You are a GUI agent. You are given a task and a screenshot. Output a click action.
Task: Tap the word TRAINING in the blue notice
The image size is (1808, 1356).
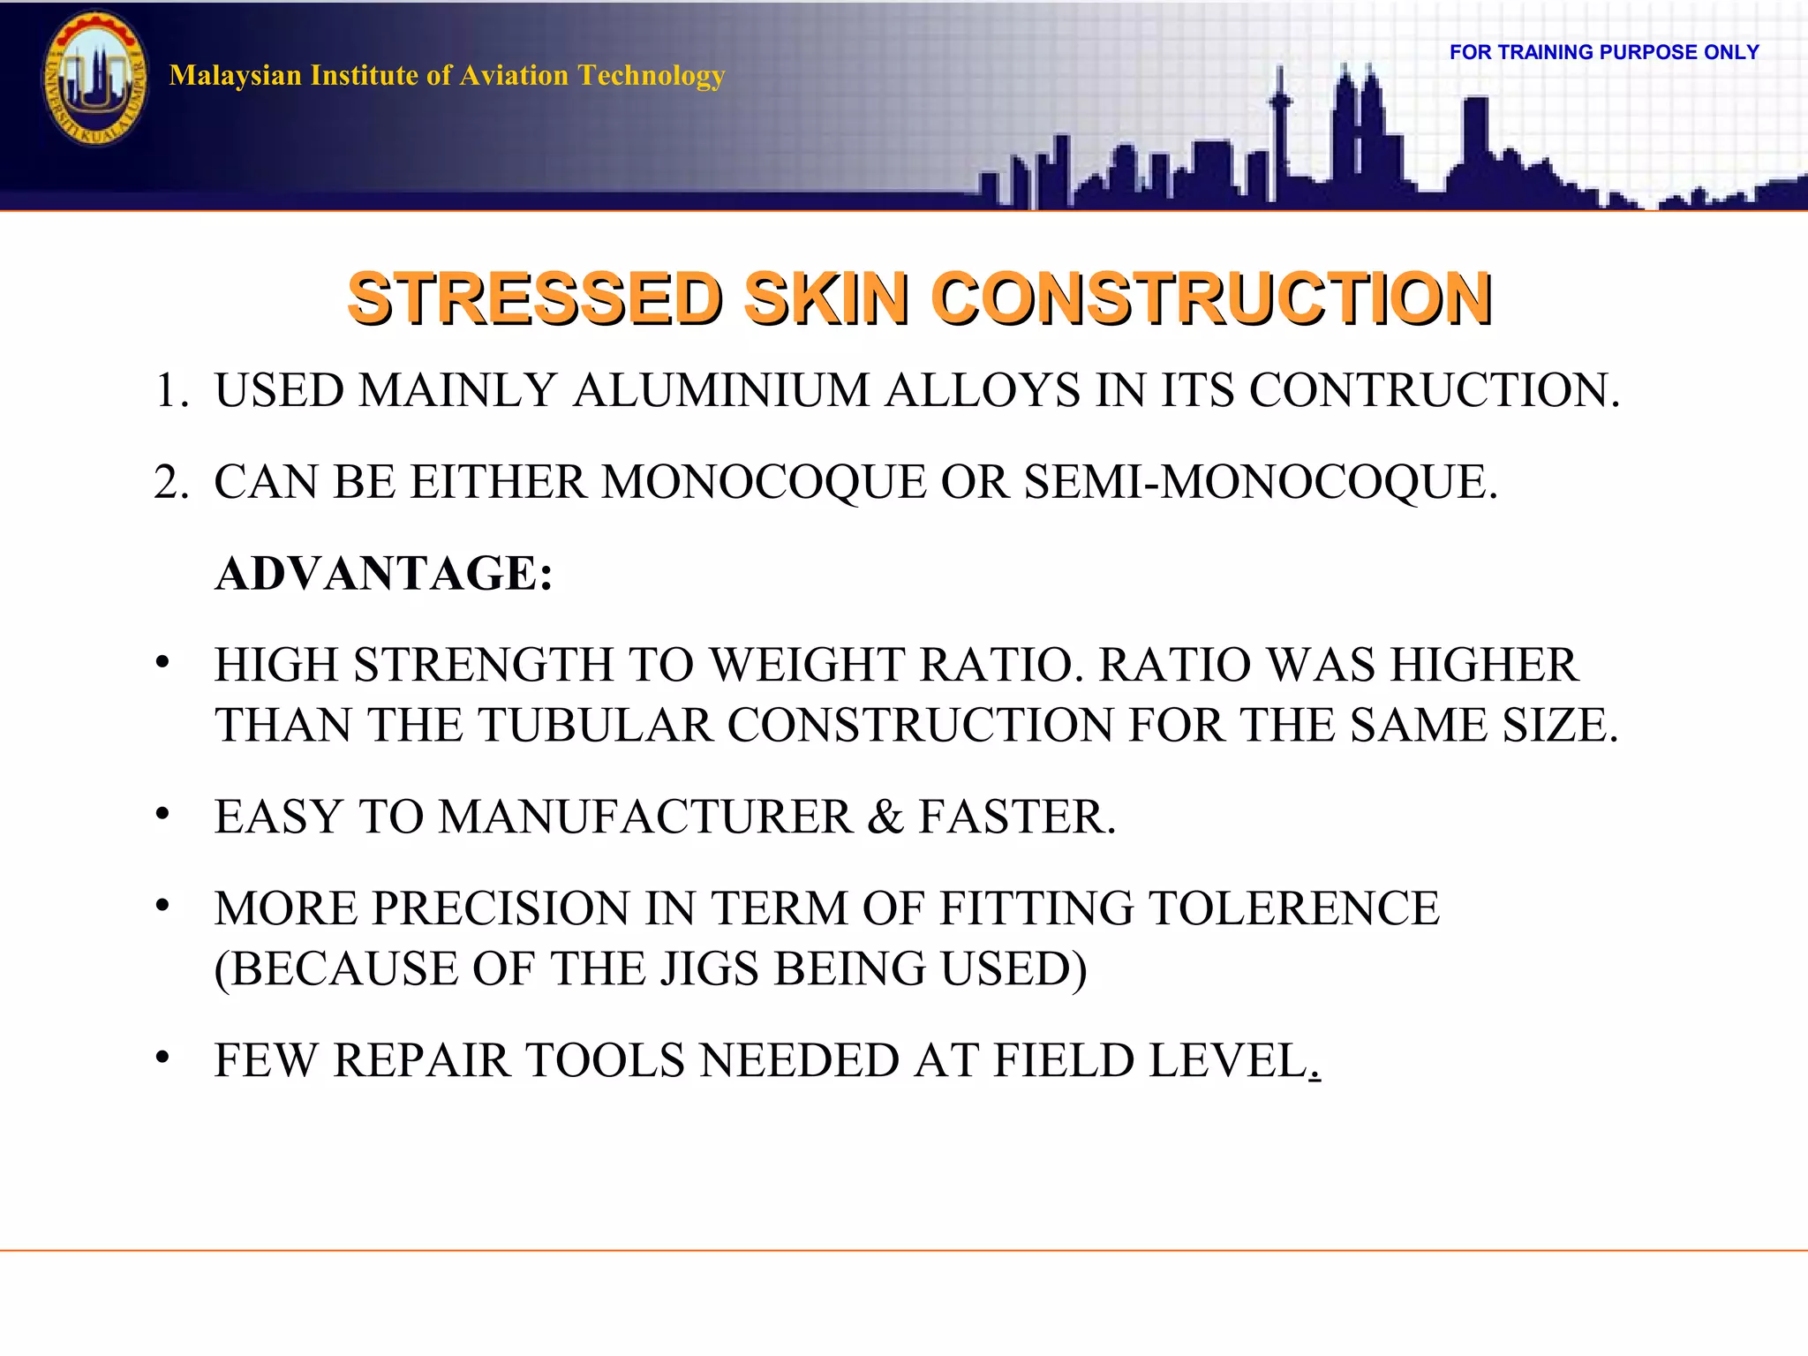(1545, 52)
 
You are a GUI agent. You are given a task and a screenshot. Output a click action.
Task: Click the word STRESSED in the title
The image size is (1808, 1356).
(535, 298)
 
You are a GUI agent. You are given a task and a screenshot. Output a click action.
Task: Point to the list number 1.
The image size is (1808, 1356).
(168, 390)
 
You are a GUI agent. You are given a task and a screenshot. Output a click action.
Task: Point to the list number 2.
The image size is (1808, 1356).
(168, 482)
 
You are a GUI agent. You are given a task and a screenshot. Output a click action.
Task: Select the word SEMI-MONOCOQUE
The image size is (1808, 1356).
(1260, 482)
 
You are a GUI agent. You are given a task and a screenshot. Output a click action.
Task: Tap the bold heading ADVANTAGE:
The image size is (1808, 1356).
(384, 574)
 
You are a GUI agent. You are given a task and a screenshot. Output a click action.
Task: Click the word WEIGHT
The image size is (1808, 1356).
(807, 665)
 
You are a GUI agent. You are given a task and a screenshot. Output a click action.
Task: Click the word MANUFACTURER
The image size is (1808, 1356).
(645, 817)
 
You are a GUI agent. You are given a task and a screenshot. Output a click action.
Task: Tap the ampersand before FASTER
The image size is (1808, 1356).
(885, 817)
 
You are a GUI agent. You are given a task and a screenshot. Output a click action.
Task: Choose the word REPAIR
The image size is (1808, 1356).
(422, 1060)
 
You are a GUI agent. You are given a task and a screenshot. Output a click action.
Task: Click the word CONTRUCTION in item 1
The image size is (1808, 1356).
(1434, 390)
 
